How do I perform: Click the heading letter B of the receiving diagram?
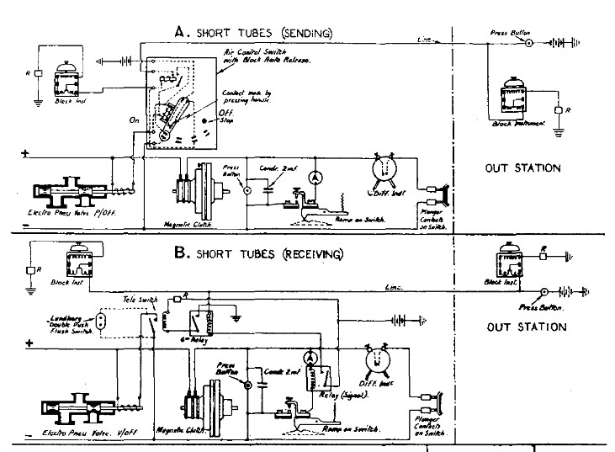pos(179,252)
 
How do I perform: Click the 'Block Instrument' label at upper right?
pos(518,124)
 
